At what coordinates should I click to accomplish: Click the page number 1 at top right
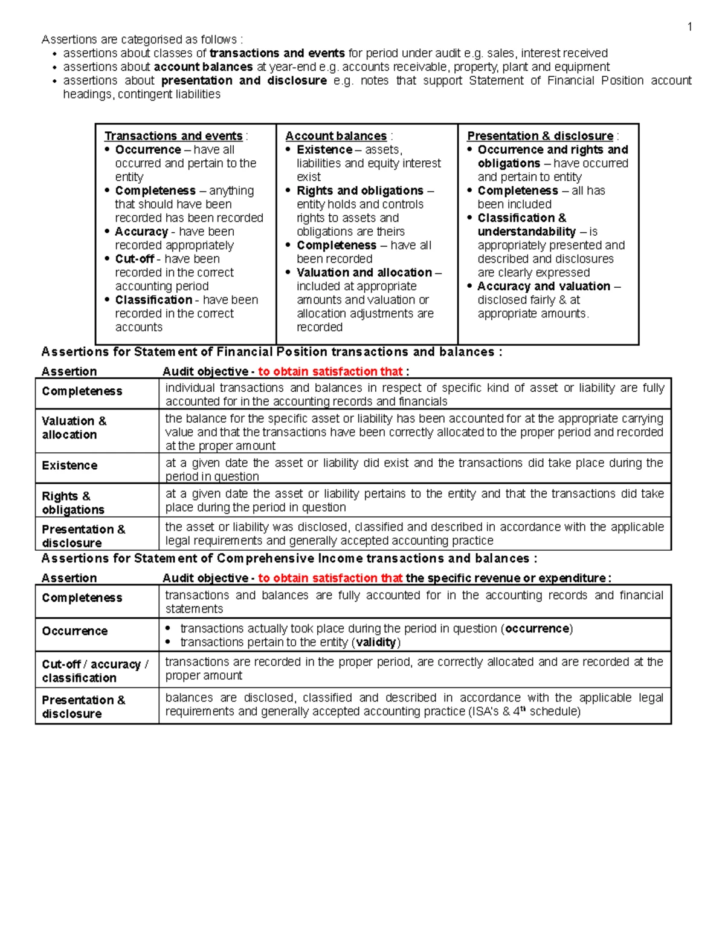coord(689,27)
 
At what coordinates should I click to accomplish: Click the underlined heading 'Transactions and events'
coord(173,136)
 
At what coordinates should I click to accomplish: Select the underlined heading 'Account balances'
coord(336,136)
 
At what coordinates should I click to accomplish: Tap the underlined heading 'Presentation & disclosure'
coord(540,136)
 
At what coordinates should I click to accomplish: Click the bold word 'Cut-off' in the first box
coord(135,259)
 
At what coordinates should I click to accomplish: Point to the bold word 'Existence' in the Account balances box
coord(324,149)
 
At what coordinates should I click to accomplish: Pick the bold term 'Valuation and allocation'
coord(364,273)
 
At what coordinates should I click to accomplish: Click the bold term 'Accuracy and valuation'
coord(544,286)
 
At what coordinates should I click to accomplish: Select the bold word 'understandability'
coord(527,232)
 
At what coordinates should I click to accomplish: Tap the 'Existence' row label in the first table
coord(69,465)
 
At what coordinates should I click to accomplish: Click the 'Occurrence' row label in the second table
coord(74,631)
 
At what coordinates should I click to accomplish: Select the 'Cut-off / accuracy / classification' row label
coord(95,671)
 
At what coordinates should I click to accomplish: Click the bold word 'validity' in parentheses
coord(376,642)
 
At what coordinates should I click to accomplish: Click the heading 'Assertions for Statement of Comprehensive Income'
coord(288,558)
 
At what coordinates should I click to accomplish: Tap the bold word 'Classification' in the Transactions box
coord(153,300)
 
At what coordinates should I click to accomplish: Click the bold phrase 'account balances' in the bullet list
coord(203,67)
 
